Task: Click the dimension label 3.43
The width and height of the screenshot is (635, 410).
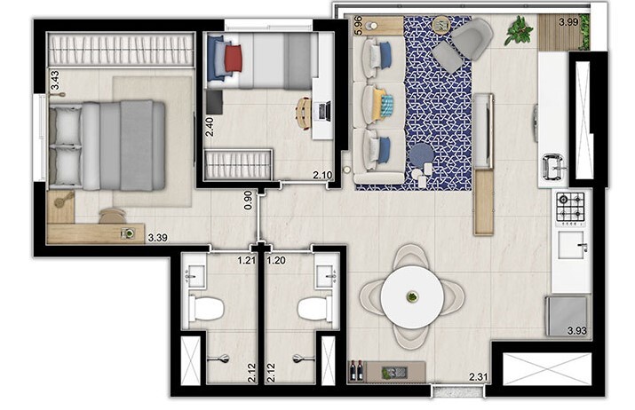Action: [55, 81]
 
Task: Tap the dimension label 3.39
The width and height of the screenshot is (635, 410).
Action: [158, 237]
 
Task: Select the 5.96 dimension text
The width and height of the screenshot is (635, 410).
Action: [358, 25]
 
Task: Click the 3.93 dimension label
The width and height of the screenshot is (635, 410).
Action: [579, 331]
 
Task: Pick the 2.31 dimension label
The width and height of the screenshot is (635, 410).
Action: [479, 377]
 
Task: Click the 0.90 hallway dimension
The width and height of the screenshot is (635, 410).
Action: [249, 200]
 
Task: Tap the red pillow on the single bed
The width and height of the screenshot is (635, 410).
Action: [234, 59]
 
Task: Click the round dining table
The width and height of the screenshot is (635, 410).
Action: [412, 296]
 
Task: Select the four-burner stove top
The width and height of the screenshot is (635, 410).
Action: [570, 208]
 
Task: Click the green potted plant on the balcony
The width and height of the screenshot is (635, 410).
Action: [518, 32]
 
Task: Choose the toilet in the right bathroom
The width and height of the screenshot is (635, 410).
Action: [314, 308]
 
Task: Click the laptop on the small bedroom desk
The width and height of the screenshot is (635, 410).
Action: [322, 111]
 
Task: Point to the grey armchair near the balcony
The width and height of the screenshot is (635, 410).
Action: [471, 37]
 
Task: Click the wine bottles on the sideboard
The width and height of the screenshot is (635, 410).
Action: [357, 369]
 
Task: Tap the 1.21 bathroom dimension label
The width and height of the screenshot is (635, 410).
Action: [245, 261]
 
